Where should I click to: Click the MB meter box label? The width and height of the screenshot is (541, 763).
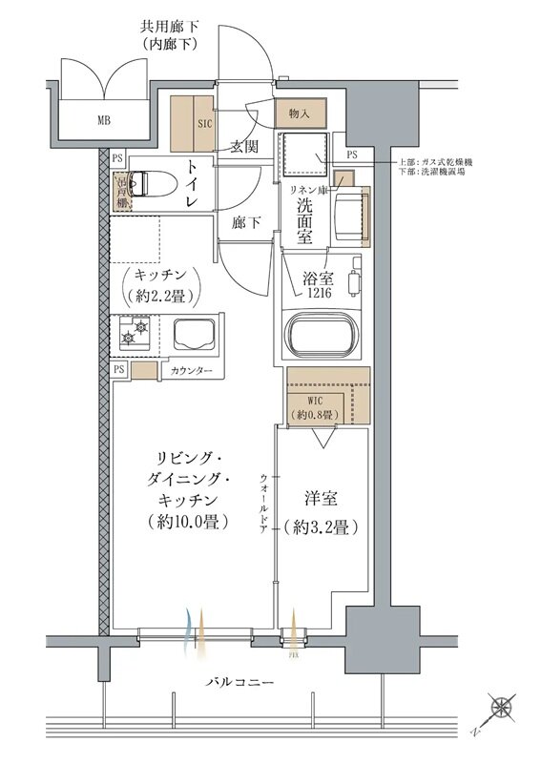(x=102, y=120)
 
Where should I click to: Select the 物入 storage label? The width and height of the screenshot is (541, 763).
(x=299, y=113)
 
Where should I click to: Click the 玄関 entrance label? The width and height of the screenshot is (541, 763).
(x=244, y=147)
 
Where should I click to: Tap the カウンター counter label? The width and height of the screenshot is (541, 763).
(x=192, y=370)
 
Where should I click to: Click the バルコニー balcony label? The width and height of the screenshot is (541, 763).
(x=241, y=683)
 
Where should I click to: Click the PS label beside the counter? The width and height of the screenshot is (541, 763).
(x=119, y=368)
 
